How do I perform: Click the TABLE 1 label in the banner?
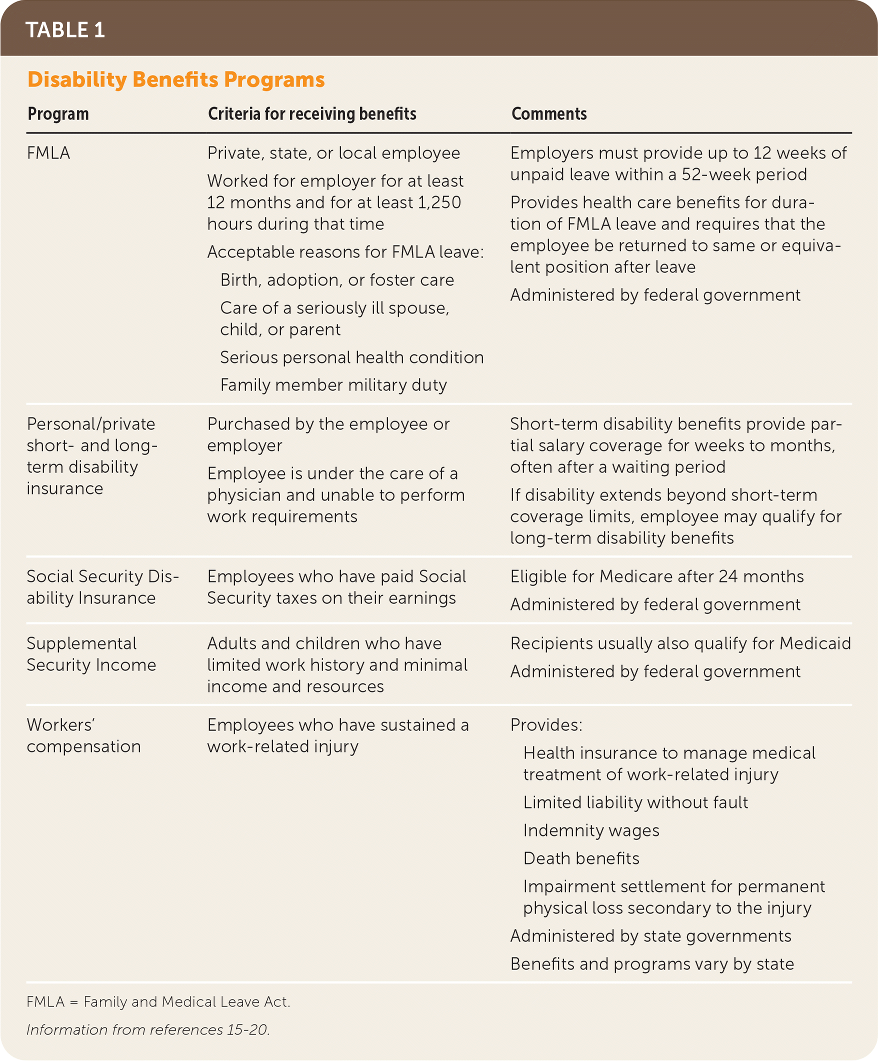click(x=65, y=30)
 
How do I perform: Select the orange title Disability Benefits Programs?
click(x=176, y=80)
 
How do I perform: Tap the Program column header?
click(x=58, y=114)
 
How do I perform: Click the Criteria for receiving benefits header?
click(x=311, y=114)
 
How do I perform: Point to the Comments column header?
click(x=548, y=114)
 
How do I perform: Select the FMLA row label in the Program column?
click(x=48, y=153)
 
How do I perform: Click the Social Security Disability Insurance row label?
click(x=102, y=587)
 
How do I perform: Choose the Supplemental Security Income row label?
click(x=91, y=654)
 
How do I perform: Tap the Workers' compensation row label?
click(x=84, y=735)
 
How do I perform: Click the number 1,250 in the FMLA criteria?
click(x=439, y=202)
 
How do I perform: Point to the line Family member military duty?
click(x=333, y=385)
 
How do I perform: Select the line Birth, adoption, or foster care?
click(x=337, y=280)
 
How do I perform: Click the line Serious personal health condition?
click(x=351, y=357)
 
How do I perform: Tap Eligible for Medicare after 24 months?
click(x=656, y=576)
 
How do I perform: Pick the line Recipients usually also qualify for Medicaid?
click(x=680, y=643)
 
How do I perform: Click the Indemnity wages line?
click(x=591, y=830)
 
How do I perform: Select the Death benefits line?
click(x=581, y=858)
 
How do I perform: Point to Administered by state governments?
click(x=650, y=936)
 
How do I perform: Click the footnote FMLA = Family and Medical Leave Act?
click(x=158, y=1002)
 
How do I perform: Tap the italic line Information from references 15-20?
click(x=148, y=1029)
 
